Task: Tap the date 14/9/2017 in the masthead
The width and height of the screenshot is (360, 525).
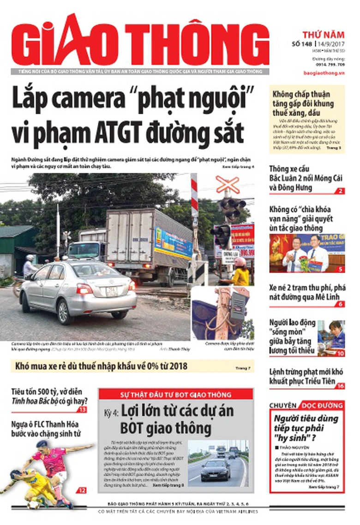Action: click(x=330, y=44)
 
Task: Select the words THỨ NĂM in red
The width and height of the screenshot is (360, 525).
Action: click(x=323, y=34)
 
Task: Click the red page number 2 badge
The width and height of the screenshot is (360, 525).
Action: click(x=340, y=191)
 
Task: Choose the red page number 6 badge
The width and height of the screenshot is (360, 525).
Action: click(x=340, y=304)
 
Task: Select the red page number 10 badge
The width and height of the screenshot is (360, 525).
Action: click(x=340, y=353)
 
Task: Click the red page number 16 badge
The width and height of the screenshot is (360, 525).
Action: click(x=340, y=386)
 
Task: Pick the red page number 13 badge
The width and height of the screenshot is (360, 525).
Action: click(x=82, y=410)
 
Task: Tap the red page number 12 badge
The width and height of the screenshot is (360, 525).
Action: click(x=82, y=490)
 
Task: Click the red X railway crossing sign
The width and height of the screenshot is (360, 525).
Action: click(x=228, y=184)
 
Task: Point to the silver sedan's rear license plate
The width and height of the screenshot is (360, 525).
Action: click(x=112, y=291)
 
